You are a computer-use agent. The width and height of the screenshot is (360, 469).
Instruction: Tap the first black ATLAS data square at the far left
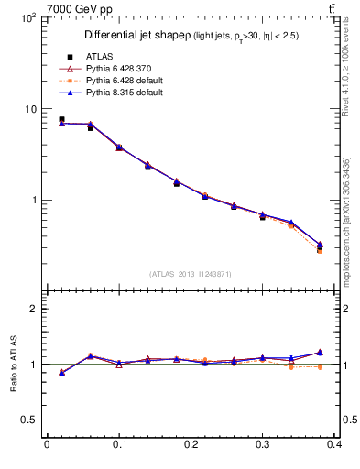(x=61, y=119)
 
